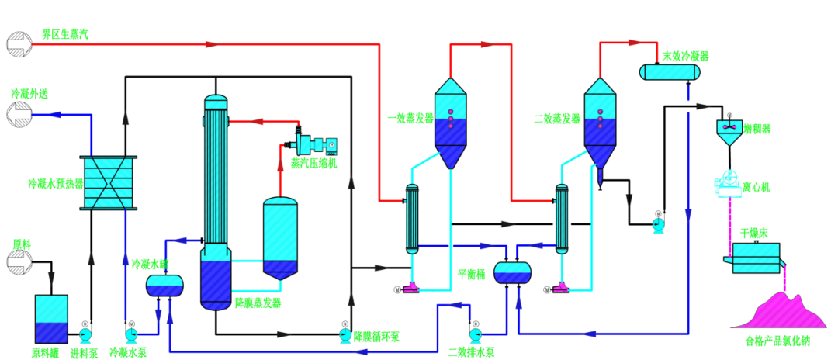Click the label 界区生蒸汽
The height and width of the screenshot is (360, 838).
64,35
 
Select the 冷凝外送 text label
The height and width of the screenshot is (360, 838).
29,94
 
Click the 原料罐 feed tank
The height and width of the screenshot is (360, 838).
51,319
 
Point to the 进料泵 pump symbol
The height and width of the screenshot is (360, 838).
85,334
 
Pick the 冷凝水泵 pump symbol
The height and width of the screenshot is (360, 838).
130,334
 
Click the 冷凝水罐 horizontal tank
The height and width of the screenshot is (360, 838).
165,286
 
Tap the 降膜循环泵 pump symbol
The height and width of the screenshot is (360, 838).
344,334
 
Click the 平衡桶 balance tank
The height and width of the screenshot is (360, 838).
513,272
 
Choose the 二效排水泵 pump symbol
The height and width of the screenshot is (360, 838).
476,334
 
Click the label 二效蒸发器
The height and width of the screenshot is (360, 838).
557,119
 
